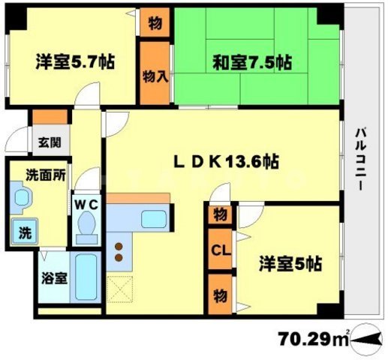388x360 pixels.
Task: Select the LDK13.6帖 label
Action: tap(227, 160)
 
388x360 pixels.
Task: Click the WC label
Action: tap(84, 202)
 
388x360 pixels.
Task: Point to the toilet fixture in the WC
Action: tap(86, 226)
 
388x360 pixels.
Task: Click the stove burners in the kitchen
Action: tap(118, 252)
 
